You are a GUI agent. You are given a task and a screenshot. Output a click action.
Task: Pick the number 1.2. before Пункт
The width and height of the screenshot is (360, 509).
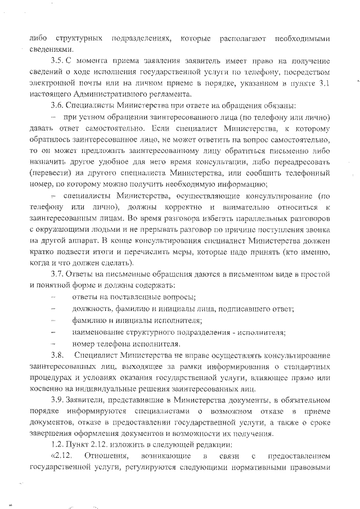click(57, 443)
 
